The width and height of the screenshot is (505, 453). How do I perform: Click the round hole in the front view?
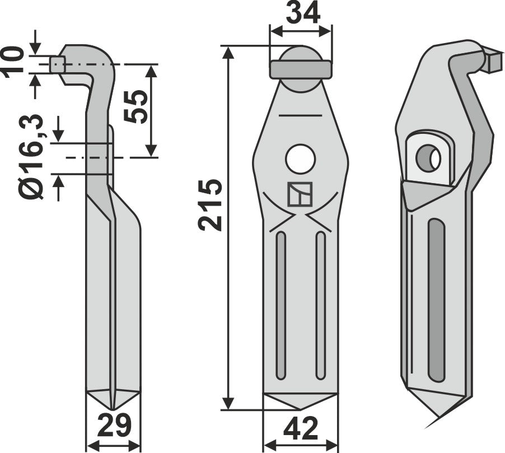[x=300, y=159]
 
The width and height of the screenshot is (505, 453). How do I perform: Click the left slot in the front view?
[x=281, y=305]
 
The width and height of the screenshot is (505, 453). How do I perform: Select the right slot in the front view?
[x=320, y=305]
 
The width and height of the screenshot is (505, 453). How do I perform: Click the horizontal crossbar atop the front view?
[x=301, y=69]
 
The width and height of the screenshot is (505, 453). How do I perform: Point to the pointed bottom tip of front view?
[x=300, y=407]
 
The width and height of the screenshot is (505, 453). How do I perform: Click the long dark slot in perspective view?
[x=436, y=300]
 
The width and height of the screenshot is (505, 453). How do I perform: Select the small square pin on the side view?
[x=57, y=64]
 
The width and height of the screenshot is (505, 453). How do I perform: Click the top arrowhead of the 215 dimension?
[x=228, y=52]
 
